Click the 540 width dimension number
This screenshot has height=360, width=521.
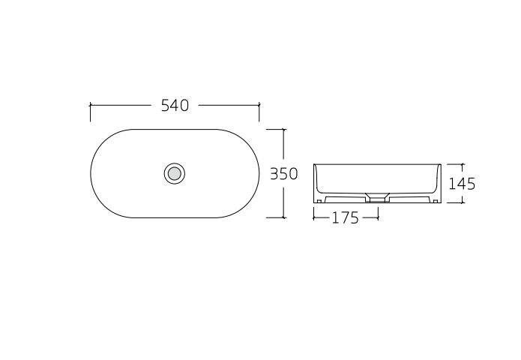175,105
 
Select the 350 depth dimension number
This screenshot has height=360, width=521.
284,173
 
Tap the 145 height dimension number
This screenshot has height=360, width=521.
462,184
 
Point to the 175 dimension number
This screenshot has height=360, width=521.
346,218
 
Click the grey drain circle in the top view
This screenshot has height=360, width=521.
175,173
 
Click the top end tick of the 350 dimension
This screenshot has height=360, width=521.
283,129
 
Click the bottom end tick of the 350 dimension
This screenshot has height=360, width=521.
283,217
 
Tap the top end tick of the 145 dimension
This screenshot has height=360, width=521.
462,164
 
